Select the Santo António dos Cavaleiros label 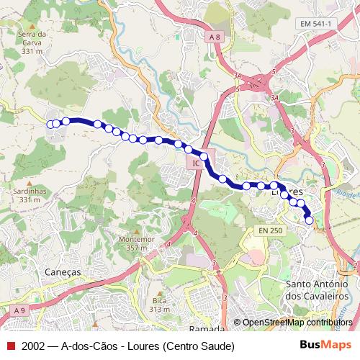click(317, 290)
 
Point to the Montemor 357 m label click(137, 243)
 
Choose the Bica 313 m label click(158, 305)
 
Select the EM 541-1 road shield click(317, 24)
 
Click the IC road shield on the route click(195, 165)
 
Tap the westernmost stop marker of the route click(50, 125)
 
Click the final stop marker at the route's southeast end click(310, 221)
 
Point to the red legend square click(11, 346)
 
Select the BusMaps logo click(325, 345)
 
